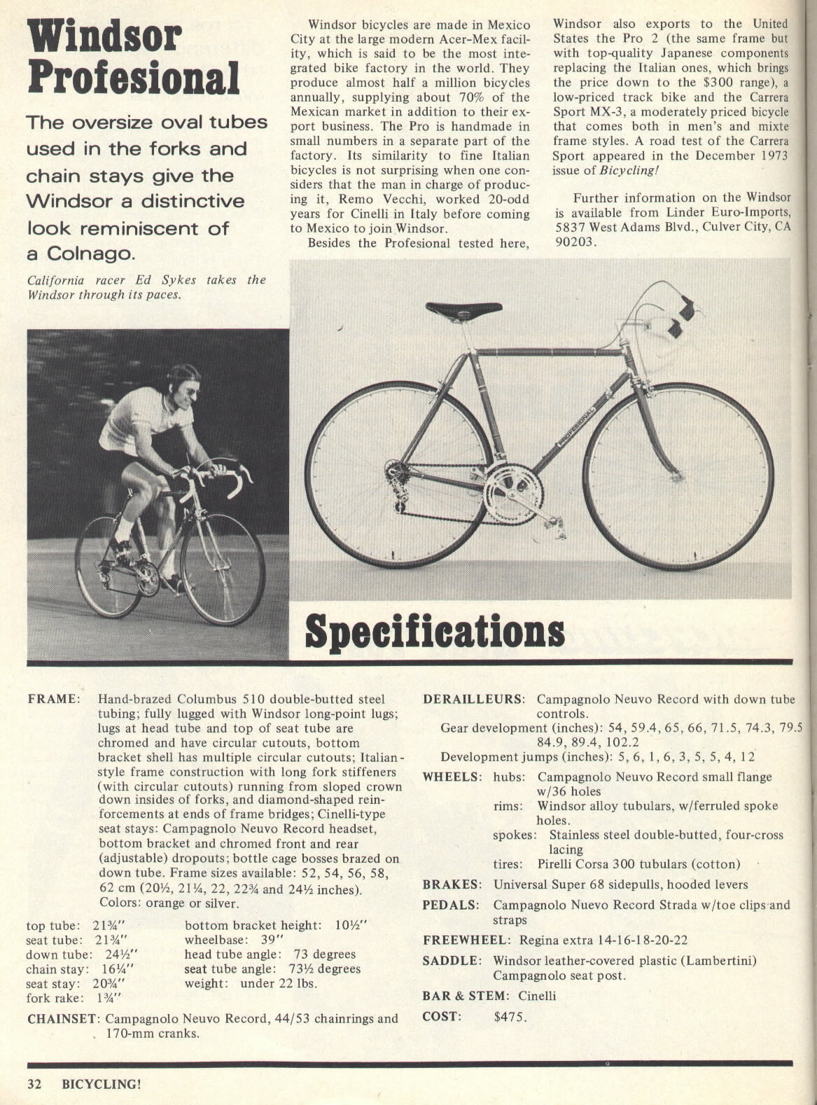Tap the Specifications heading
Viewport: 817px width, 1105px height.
point(435,631)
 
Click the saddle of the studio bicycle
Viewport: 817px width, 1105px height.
point(464,309)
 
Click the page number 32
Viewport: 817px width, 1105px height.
point(35,1085)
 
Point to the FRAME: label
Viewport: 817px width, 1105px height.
point(53,699)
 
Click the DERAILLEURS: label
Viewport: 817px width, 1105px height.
point(474,699)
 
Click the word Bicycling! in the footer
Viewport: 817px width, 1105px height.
point(102,1085)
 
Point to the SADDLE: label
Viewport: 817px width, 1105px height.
point(452,960)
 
